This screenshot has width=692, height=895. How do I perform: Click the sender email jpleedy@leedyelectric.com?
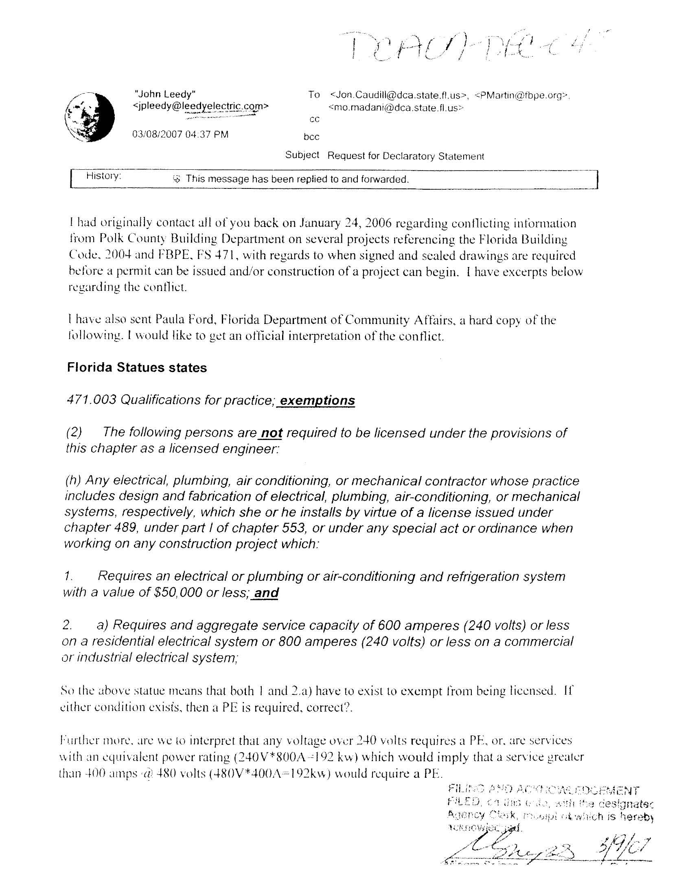pyautogui.click(x=201, y=106)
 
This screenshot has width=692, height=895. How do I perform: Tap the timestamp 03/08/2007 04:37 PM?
pyautogui.click(x=180, y=134)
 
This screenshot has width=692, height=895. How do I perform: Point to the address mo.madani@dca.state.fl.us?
pyautogui.click(x=396, y=109)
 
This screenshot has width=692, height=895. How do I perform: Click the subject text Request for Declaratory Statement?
pyautogui.click(x=405, y=156)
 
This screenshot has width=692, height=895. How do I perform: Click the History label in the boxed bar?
pyautogui.click(x=103, y=176)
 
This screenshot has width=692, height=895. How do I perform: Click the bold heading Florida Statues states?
pyautogui.click(x=137, y=368)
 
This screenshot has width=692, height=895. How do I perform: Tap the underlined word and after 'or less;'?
pyautogui.click(x=267, y=593)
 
